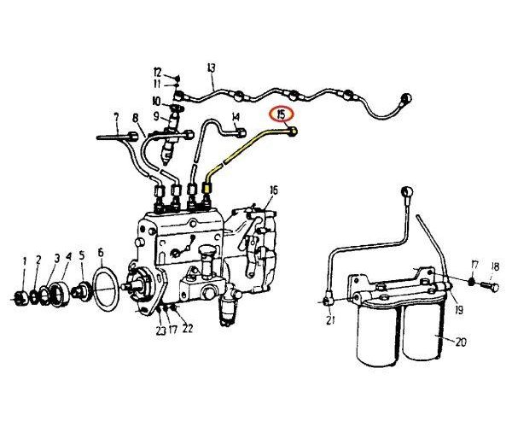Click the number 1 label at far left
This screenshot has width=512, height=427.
pyautogui.click(x=25, y=259)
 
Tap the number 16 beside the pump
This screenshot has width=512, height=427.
pyautogui.click(x=273, y=190)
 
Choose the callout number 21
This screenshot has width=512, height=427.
pyautogui.click(x=329, y=321)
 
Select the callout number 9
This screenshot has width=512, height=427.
pyautogui.click(x=157, y=115)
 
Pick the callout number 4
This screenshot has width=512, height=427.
pyautogui.click(x=68, y=257)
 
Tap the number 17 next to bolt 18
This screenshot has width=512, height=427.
pyautogui.click(x=475, y=265)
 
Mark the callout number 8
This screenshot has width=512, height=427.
pyautogui.click(x=135, y=118)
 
